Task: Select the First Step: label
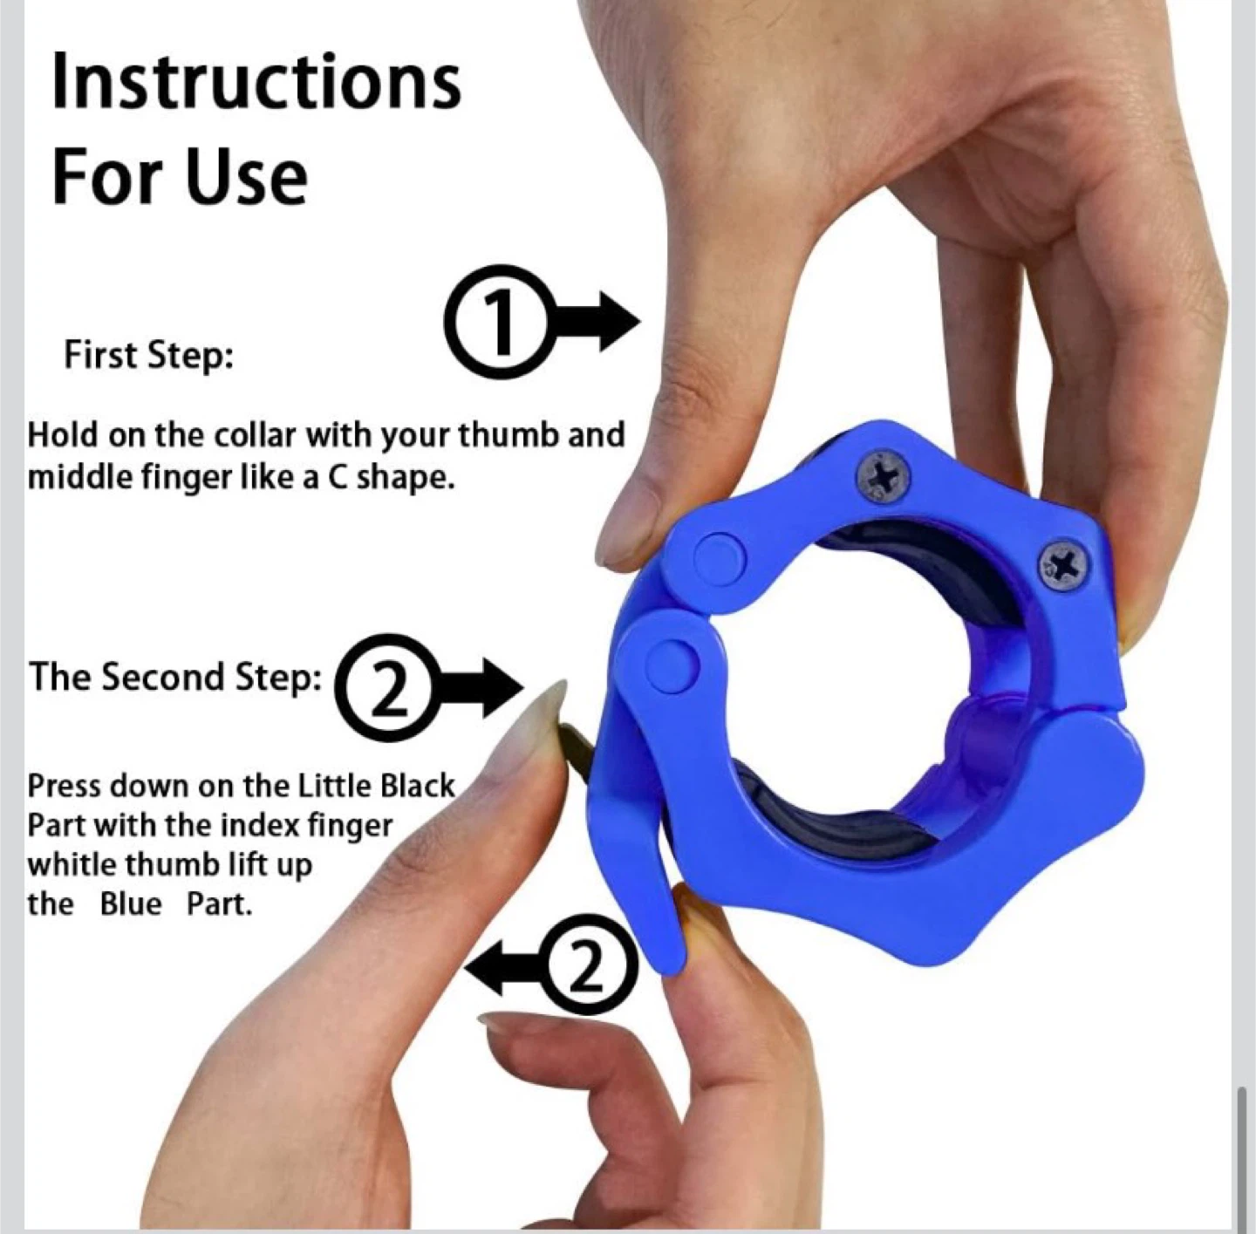tap(148, 356)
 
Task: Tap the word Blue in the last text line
tap(130, 905)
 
